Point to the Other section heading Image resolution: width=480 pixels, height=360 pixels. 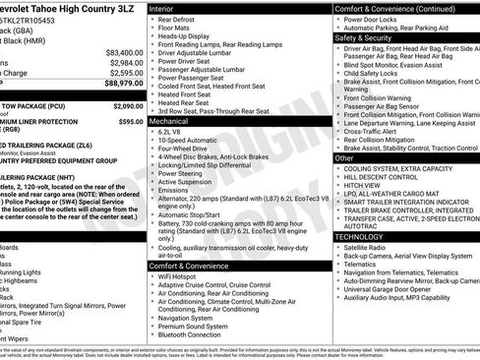344,157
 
